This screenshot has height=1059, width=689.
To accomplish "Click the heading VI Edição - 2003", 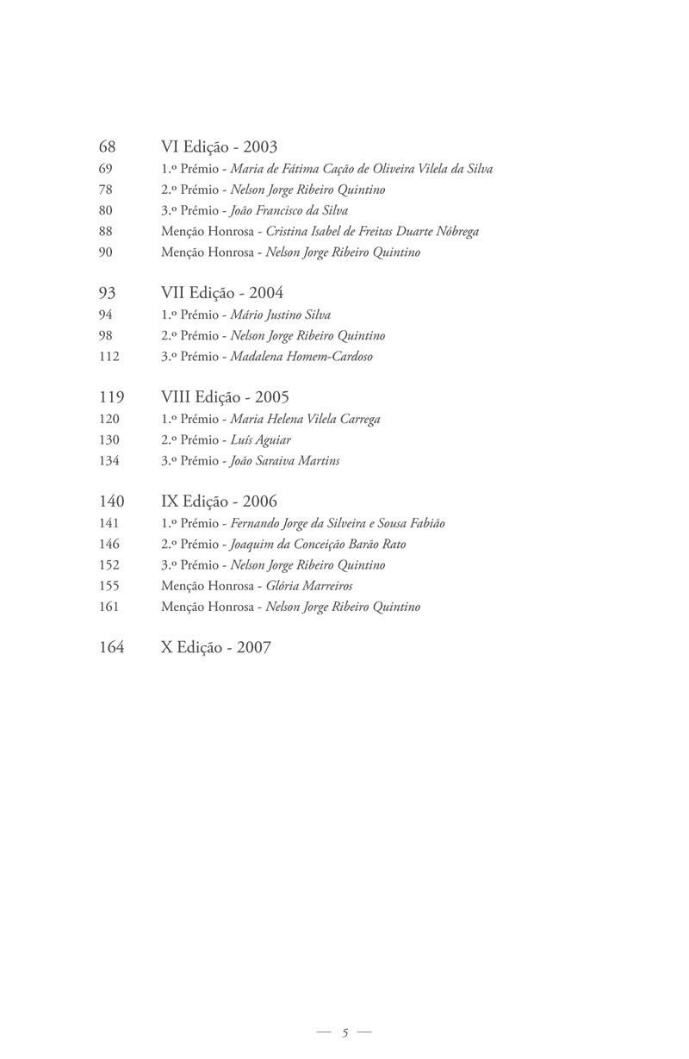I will pos(219,147).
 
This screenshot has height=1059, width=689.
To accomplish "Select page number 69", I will pos(107,169).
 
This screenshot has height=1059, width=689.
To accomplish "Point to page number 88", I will pos(107,232).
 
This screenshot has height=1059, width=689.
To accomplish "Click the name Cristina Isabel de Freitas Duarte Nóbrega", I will pos(373,232).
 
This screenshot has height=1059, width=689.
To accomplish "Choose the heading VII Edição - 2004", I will pos(222,293).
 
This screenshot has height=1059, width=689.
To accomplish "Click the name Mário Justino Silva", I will pos(281,315).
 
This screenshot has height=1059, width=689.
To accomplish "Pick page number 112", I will pos(109,357).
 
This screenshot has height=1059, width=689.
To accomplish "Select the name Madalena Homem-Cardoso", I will pos(302,357).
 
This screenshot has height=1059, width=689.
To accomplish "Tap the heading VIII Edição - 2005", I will pos(225,397).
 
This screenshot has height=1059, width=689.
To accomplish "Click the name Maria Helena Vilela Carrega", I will pos(306,420).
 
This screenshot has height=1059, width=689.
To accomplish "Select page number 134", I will pos(109,461).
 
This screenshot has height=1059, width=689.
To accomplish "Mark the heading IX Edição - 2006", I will pos(219,501).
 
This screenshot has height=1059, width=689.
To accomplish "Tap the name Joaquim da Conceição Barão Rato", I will pos(318,545).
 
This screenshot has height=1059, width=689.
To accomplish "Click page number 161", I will pos(109,607).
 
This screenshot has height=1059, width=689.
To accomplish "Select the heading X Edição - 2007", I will pos(215,647).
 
